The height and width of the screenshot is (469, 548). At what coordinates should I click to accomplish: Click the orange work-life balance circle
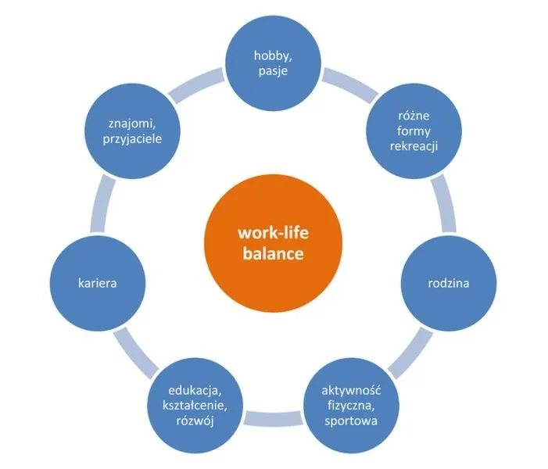click(273, 243)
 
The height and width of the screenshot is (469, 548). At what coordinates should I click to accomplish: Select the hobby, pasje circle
click(273, 63)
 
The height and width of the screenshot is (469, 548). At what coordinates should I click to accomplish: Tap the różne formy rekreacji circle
click(414, 131)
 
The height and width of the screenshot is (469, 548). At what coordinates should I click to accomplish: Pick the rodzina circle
click(449, 283)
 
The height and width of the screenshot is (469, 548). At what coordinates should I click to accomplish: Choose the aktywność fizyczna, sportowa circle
click(351, 406)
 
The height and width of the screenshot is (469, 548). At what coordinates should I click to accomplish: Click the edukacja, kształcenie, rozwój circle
click(195, 406)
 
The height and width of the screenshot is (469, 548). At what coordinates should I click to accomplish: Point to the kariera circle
click(98, 283)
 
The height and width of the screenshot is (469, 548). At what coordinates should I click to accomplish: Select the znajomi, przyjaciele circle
click(132, 131)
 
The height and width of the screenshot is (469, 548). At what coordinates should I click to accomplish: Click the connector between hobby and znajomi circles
click(196, 86)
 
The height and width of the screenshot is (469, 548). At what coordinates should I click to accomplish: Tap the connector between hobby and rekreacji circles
click(350, 86)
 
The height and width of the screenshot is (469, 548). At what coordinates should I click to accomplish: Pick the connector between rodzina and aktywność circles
click(410, 353)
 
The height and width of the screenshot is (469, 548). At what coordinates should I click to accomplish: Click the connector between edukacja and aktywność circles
click(274, 419)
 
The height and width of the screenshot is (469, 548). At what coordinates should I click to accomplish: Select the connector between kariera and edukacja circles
click(135, 353)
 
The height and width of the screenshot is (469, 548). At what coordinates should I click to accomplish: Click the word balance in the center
click(273, 254)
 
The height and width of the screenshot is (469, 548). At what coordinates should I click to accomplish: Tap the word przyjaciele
click(132, 139)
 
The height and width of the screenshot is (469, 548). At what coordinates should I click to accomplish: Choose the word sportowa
click(351, 421)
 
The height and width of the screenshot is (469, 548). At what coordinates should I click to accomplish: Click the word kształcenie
click(195, 406)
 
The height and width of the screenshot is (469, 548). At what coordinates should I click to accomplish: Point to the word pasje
click(273, 71)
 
